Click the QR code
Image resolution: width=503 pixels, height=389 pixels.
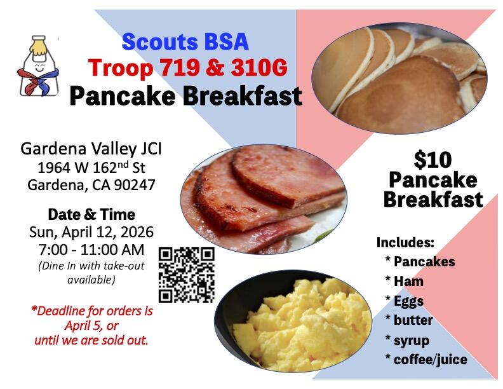(x=186, y=275)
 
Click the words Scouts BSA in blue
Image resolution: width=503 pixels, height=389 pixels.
(x=185, y=42)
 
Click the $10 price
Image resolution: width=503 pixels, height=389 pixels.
(x=433, y=159)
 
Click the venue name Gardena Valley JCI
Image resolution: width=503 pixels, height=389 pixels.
(x=91, y=149)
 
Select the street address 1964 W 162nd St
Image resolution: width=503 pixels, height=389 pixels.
(x=91, y=168)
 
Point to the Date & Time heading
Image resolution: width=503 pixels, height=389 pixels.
(x=91, y=214)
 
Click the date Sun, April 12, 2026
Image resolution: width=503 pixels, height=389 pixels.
(x=91, y=231)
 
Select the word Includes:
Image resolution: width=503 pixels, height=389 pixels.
(x=405, y=242)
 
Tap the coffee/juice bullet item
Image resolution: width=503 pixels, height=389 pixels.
(x=430, y=360)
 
